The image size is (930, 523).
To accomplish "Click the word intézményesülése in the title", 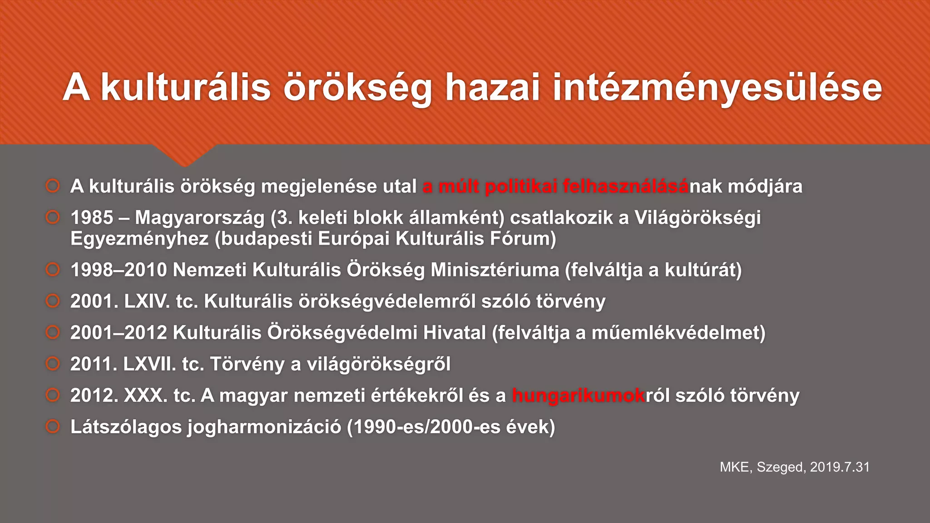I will tap(717, 88).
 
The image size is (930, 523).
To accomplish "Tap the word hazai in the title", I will tap(492, 88).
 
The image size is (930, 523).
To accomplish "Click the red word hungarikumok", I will tap(579, 395).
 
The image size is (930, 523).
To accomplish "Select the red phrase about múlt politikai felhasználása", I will tap(555, 187).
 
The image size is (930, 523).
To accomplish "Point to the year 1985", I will tap(92, 217).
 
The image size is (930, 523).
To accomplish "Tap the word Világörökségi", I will tap(697, 217).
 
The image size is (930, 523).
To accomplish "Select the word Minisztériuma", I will tap(495, 270).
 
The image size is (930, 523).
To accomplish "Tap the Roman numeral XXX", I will tap(145, 395).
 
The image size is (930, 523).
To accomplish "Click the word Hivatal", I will tap(455, 333).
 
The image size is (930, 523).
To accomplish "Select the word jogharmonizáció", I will tap(264, 427).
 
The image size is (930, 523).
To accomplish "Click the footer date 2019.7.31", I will tap(840, 467).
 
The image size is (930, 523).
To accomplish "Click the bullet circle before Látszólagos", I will tap(53, 426).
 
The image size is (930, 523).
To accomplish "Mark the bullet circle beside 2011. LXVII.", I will tap(53, 364).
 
